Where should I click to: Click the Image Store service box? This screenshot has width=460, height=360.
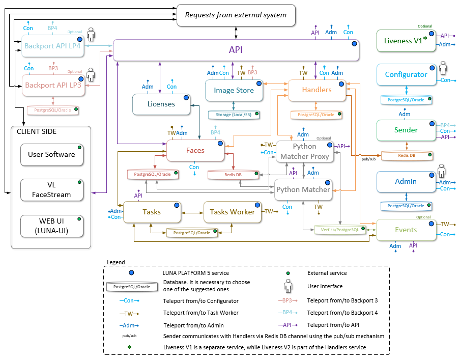234,91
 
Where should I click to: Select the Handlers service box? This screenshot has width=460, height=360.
317,90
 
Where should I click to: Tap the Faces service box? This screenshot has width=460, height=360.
195,150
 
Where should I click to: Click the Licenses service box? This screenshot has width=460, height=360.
161,104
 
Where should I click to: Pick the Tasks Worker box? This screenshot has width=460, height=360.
232,212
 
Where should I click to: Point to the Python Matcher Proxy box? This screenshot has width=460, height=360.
305,151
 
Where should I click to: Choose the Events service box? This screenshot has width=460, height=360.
406,230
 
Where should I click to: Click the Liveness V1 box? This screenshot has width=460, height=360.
406,41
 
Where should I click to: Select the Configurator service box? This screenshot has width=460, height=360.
406,74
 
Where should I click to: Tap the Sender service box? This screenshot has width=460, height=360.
406,130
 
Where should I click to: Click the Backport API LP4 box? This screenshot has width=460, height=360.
52,46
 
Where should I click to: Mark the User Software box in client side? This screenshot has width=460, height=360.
51,154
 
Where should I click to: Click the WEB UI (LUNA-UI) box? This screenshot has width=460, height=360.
51,226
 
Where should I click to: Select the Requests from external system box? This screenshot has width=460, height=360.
236,15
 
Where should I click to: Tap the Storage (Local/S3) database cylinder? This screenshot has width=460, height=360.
234,115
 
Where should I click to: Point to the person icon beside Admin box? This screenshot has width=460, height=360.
442,171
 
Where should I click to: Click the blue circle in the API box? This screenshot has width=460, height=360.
353,44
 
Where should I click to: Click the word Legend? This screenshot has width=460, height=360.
116,262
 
